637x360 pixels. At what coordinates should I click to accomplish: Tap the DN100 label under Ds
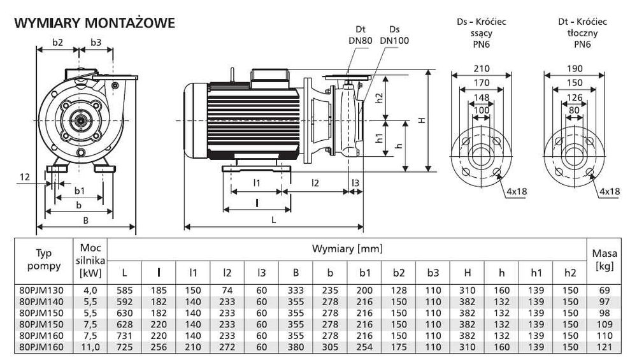[x=394, y=41]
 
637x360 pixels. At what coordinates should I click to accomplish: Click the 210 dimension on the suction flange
[x=482, y=69]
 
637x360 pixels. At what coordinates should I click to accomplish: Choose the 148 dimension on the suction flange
[x=482, y=97]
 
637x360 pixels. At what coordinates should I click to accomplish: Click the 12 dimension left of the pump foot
[x=24, y=178]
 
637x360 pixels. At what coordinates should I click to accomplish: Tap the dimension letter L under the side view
[x=273, y=219]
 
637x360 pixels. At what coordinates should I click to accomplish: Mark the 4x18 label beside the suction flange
[x=517, y=191]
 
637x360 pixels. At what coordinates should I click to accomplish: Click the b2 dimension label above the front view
[x=57, y=43]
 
